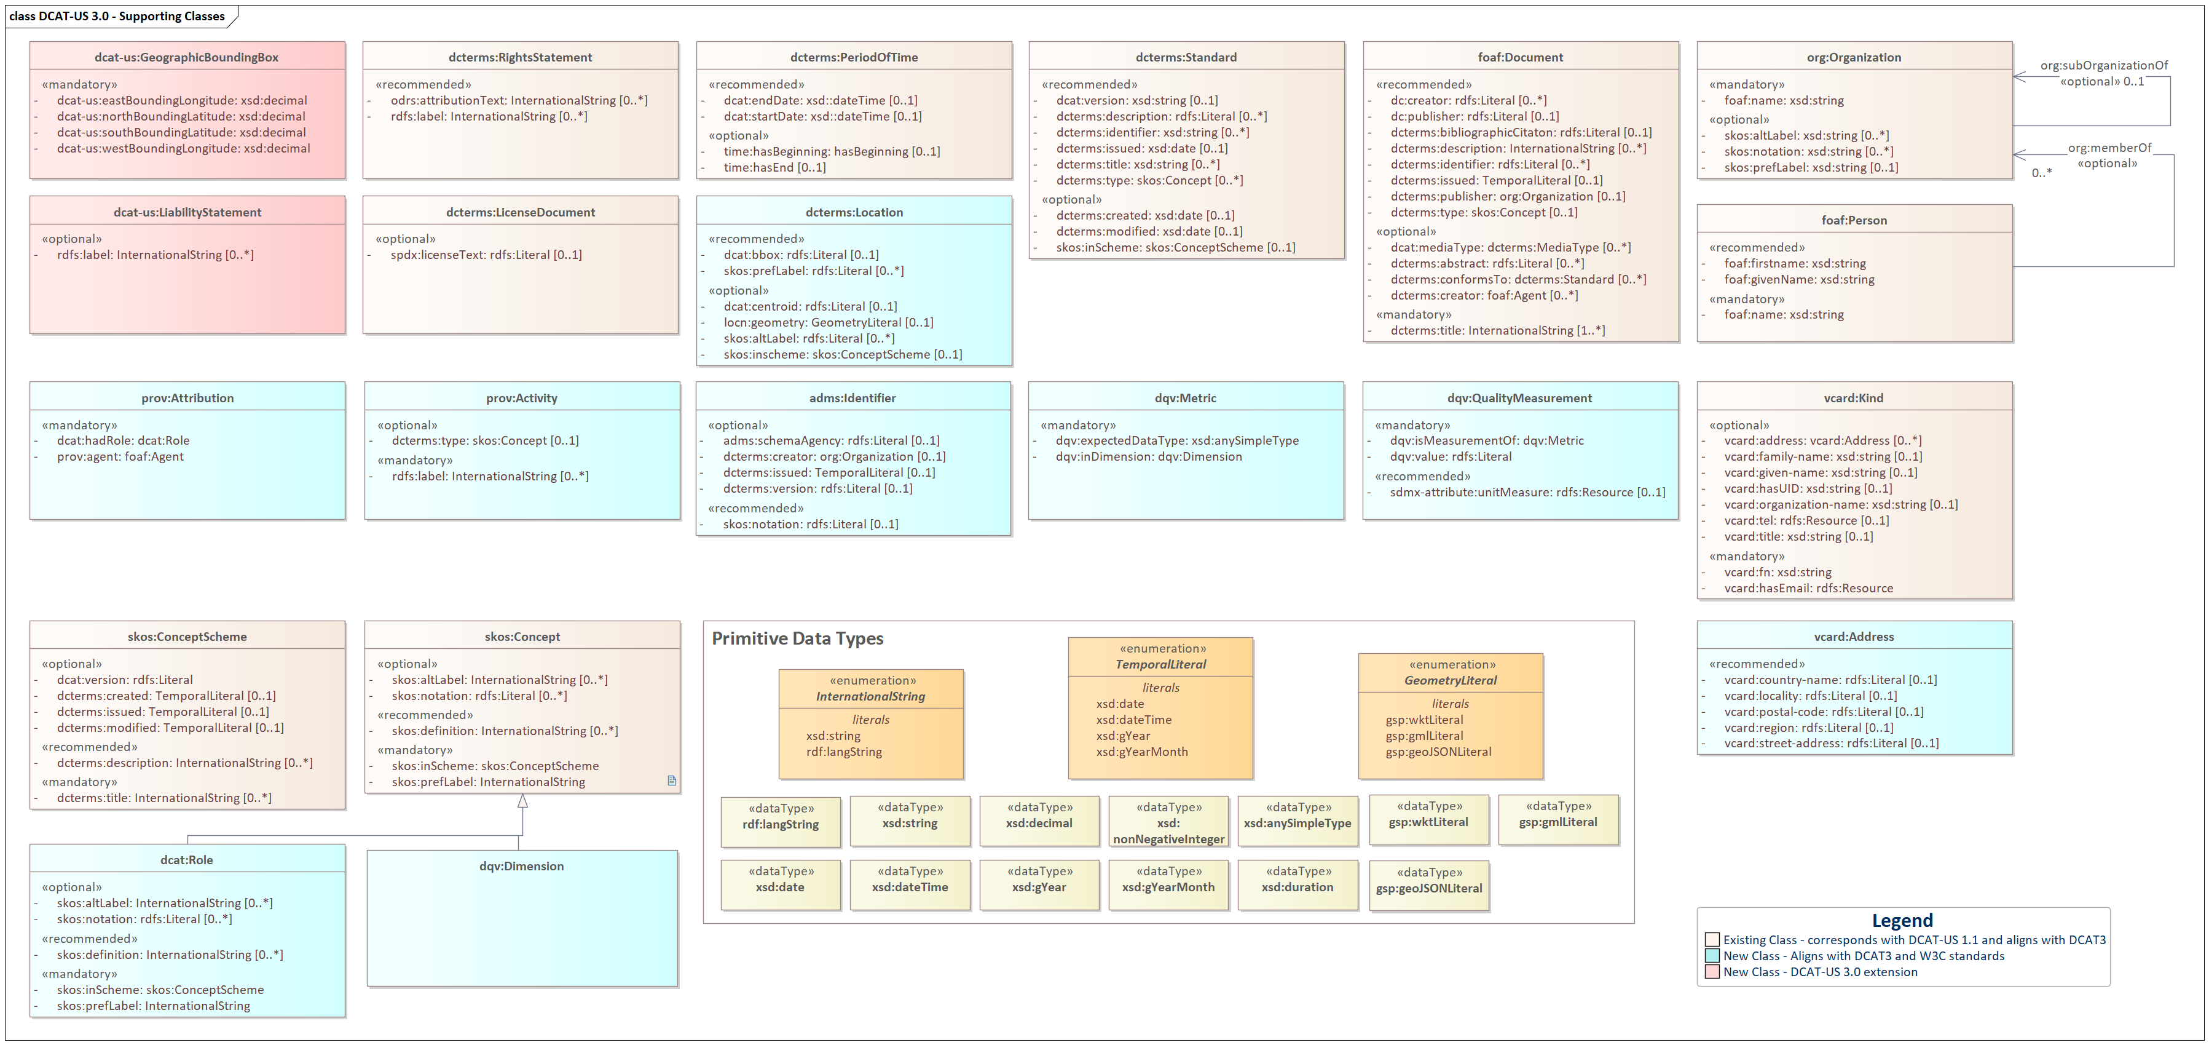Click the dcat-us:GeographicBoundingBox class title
tap(186, 57)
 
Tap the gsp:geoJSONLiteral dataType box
tap(1428, 886)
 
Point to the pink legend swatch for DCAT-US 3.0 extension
tap(1712, 972)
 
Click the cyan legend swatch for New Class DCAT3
tap(1712, 956)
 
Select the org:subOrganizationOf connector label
tap(2103, 65)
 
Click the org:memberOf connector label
tap(2109, 148)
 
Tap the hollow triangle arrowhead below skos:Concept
tap(522, 801)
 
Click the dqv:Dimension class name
tap(521, 867)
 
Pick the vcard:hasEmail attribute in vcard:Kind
tap(1808, 589)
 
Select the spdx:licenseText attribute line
tap(486, 255)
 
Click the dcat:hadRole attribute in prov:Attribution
tap(123, 441)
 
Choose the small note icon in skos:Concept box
tap(671, 781)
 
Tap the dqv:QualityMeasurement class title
tap(1519, 398)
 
